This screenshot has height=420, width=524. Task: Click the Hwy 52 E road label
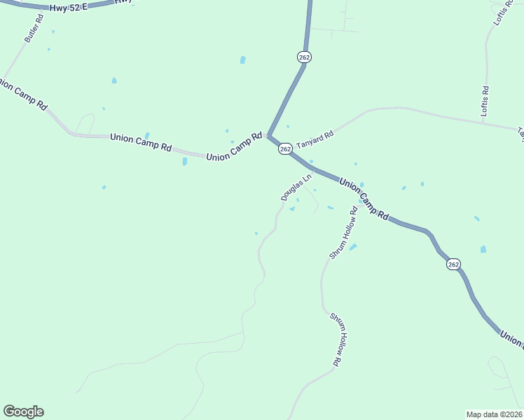click(x=68, y=7)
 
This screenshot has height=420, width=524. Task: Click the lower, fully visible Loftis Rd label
click(x=485, y=101)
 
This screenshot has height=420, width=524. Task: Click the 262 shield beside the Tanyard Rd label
click(x=285, y=149)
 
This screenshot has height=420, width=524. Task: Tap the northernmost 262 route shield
click(x=303, y=57)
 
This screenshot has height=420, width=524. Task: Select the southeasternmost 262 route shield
click(x=453, y=264)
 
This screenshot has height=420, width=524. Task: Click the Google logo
click(x=23, y=412)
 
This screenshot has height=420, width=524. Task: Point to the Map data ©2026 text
click(x=494, y=414)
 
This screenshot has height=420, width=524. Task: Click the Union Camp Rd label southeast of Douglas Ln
click(x=364, y=200)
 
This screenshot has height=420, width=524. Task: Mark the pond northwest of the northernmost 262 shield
click(x=242, y=60)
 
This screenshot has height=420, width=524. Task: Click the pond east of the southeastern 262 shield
click(x=483, y=249)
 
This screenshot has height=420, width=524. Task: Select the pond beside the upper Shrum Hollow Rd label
click(x=353, y=246)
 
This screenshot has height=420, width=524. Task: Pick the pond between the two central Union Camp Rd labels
click(x=184, y=162)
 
